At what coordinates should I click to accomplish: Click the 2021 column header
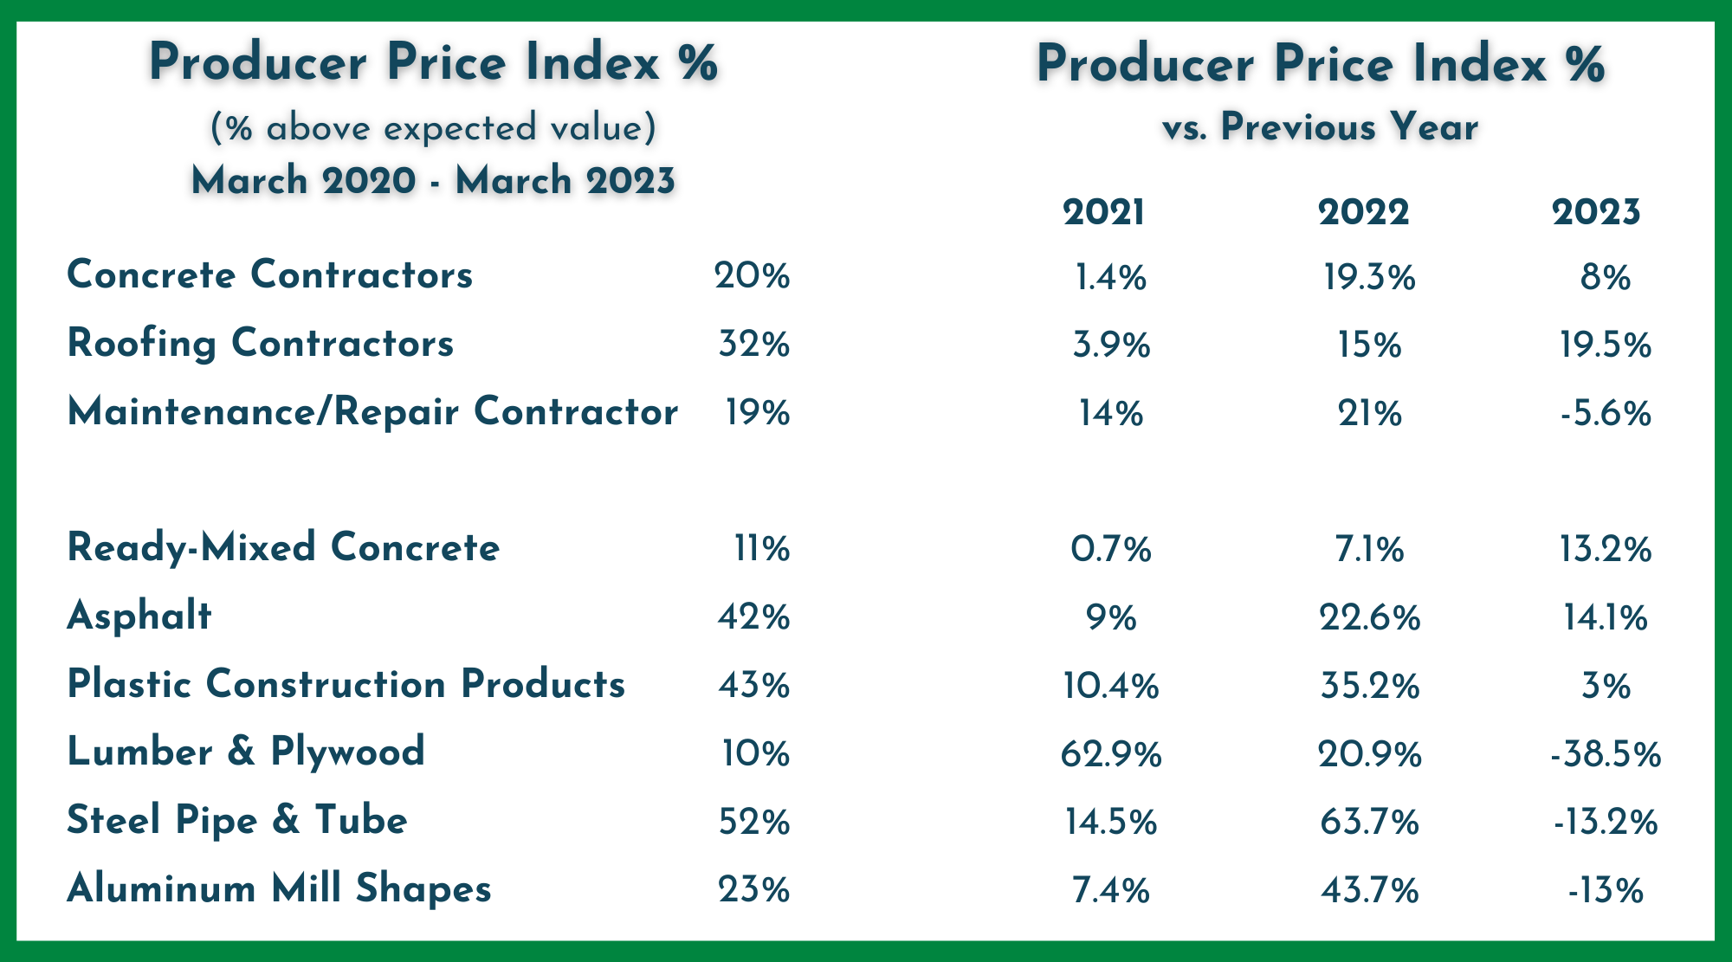coord(1103,212)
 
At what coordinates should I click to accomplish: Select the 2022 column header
coord(1364,212)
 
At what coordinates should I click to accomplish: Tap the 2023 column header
coord(1596,212)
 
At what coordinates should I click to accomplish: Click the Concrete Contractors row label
coord(270,275)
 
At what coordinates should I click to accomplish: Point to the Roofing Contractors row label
coord(261,344)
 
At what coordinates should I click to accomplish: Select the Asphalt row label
coord(139,617)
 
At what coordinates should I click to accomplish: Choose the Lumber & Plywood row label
coord(246,752)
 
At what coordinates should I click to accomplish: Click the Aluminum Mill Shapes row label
coord(279,889)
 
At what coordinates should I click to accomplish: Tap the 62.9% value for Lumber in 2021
coord(1111,754)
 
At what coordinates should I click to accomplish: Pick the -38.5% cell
coord(1606,754)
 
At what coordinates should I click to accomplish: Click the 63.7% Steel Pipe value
coord(1369,822)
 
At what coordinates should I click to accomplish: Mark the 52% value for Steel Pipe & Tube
coord(753,822)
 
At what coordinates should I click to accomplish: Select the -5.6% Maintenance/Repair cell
coord(1606,414)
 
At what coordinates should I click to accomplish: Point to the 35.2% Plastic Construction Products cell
coord(1369,686)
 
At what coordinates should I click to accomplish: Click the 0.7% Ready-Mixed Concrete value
coord(1111,550)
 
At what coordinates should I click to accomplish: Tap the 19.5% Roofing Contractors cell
coord(1606,345)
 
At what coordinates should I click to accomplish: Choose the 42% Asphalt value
coord(753,617)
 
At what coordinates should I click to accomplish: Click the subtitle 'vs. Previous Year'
coord(1320,128)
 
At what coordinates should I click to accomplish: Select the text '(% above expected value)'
coord(433,128)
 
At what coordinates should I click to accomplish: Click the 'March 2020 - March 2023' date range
coord(433,181)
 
